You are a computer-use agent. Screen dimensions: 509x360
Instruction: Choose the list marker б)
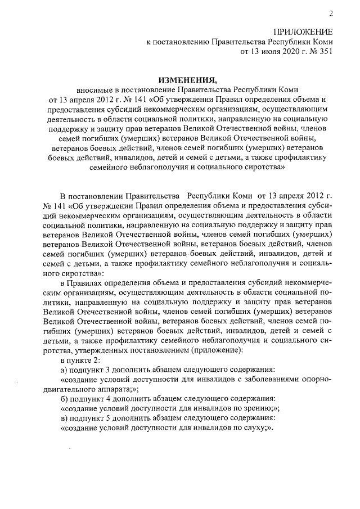click(x=64, y=398)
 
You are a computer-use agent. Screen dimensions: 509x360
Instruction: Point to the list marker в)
click(x=64, y=419)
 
